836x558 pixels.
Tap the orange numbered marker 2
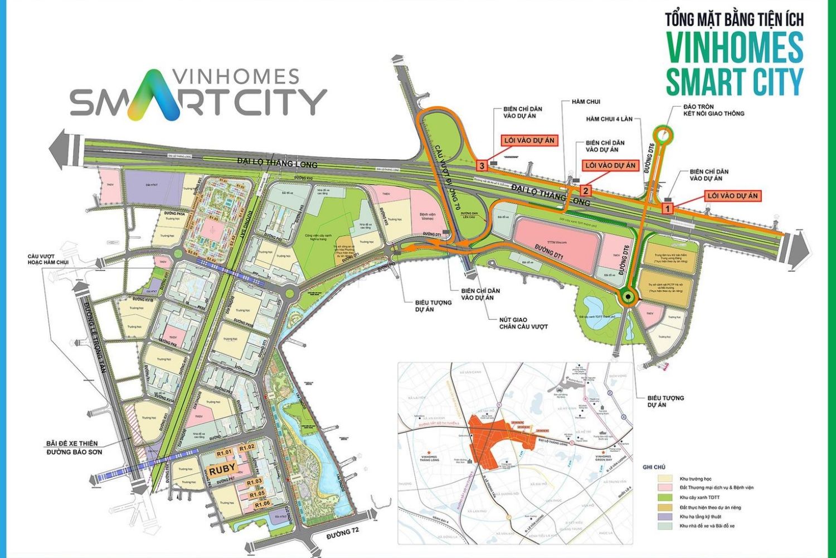click(x=585, y=190)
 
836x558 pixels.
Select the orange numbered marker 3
click(x=482, y=166)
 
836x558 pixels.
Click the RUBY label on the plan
click(x=222, y=468)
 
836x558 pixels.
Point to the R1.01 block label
click(x=224, y=453)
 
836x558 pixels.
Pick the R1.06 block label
click(x=262, y=504)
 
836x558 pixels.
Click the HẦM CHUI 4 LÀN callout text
click(x=613, y=119)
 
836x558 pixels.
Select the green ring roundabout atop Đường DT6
click(x=663, y=134)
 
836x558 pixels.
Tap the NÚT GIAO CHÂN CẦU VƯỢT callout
click(x=523, y=323)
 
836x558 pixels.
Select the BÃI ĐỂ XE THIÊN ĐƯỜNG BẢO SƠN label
click(x=74, y=448)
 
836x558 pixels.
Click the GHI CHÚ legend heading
click(x=654, y=467)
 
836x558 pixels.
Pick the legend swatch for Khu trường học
click(x=665, y=479)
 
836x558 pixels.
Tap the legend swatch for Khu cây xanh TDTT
click(x=665, y=497)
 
